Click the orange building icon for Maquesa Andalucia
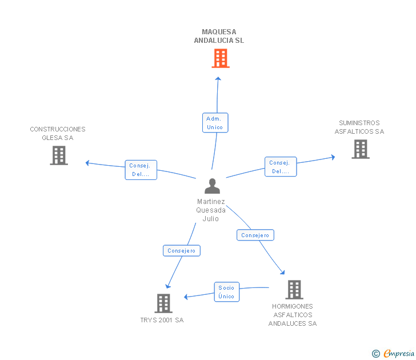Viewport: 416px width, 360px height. point(221,58)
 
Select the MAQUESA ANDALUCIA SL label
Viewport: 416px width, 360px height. point(219,36)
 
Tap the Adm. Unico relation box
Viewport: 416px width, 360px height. point(215,123)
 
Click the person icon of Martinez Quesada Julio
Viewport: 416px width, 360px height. point(212,186)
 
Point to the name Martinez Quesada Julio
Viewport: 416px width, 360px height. point(211,210)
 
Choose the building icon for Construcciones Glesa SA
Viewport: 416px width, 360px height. point(59,155)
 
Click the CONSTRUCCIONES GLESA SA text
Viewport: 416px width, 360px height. point(58,133)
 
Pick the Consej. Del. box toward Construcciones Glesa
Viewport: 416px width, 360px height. point(141,170)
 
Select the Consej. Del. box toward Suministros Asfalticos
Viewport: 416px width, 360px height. point(280,167)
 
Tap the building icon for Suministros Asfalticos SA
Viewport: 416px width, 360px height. point(361,149)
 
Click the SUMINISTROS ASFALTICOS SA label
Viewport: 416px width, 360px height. point(359,127)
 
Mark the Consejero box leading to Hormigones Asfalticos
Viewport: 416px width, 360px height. point(255,235)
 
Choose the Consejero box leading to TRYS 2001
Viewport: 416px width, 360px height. point(182,250)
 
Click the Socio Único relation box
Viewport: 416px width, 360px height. point(226,292)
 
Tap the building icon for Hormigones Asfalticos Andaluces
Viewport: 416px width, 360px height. point(294,290)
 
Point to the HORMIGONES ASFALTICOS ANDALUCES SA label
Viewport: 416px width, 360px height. point(293,315)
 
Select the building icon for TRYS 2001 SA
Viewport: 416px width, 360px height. point(163,303)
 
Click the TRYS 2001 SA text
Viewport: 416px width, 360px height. point(162,321)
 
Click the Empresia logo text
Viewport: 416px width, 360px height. point(399,354)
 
